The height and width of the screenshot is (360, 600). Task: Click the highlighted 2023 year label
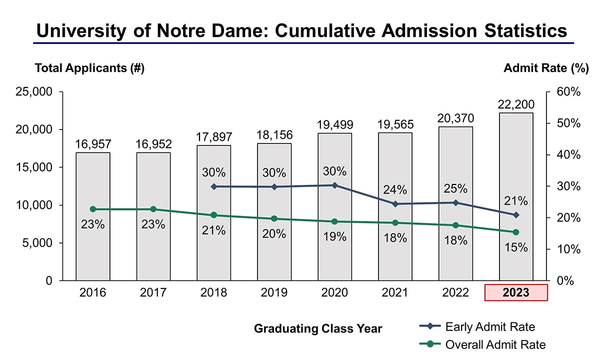pyautogui.click(x=515, y=293)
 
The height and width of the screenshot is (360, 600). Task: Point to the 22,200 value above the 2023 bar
pyautogui.click(x=515, y=104)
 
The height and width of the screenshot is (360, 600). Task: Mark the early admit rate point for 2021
pyautogui.click(x=395, y=204)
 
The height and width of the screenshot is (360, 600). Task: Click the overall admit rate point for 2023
pyautogui.click(x=515, y=232)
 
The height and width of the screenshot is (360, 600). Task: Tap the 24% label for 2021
pyautogui.click(x=395, y=189)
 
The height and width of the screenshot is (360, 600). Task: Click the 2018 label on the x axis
pyautogui.click(x=214, y=293)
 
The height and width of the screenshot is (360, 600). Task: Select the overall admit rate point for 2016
pyautogui.click(x=93, y=209)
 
